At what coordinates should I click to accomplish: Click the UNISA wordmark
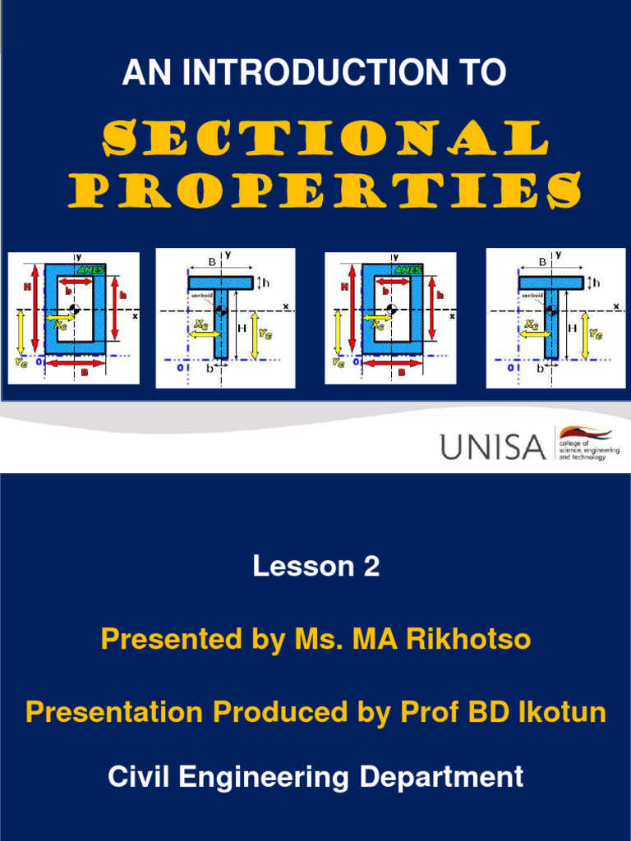(x=492, y=448)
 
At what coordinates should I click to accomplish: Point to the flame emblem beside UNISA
(x=585, y=434)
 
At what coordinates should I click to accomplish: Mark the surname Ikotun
(x=565, y=712)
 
